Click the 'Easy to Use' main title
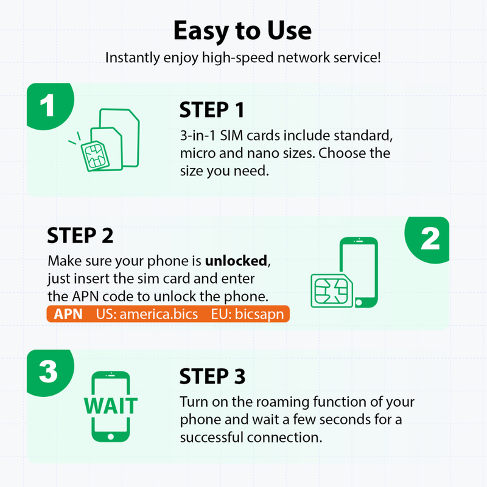(x=242, y=31)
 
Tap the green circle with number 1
(x=50, y=105)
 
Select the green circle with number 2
(x=428, y=239)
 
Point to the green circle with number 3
(x=50, y=372)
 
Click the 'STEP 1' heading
(x=212, y=110)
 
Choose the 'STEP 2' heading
(x=80, y=236)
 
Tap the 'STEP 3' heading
(x=212, y=376)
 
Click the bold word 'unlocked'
(x=236, y=261)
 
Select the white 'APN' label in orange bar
(x=68, y=314)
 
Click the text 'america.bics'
(x=159, y=314)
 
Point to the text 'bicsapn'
(x=259, y=314)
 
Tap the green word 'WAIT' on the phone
(x=111, y=405)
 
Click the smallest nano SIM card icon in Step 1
(x=95, y=156)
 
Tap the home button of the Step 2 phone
(x=359, y=302)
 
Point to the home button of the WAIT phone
(x=111, y=436)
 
